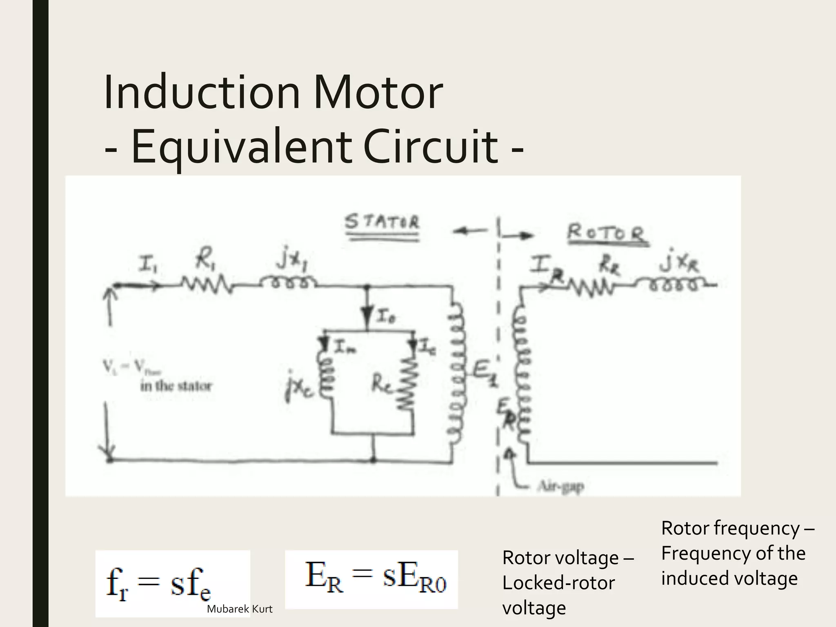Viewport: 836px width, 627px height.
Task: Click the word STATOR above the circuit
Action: click(382, 222)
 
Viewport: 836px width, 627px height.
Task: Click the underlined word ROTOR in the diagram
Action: click(607, 234)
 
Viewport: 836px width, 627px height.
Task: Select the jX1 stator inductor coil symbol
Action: click(287, 283)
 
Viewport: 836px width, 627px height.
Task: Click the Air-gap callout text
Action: click(561, 486)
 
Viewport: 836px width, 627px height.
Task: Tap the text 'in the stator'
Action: click(176, 386)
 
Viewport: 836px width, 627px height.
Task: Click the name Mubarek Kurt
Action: click(240, 609)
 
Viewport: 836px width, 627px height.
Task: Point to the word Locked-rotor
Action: click(558, 583)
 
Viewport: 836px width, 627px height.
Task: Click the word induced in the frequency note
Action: click(694, 578)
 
